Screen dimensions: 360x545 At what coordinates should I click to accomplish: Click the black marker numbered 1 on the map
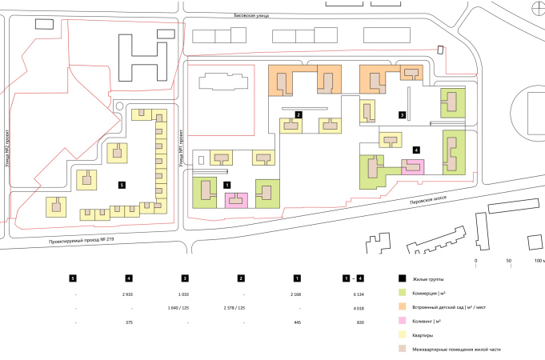point(227,184)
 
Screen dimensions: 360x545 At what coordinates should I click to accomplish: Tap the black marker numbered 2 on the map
point(298,115)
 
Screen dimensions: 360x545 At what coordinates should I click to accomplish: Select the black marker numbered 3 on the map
point(403,114)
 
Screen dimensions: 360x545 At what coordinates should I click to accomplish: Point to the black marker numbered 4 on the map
point(416,150)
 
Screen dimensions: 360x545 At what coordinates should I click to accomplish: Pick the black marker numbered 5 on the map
point(121,185)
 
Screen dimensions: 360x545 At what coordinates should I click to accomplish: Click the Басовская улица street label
point(251,15)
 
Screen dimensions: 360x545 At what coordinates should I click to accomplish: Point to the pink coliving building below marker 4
point(412,166)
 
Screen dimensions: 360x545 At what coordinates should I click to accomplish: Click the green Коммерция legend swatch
point(403,293)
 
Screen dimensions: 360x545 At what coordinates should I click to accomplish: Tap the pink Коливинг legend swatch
point(403,321)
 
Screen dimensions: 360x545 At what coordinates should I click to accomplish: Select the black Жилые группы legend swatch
point(403,278)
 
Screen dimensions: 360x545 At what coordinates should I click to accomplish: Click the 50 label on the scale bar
point(508,261)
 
